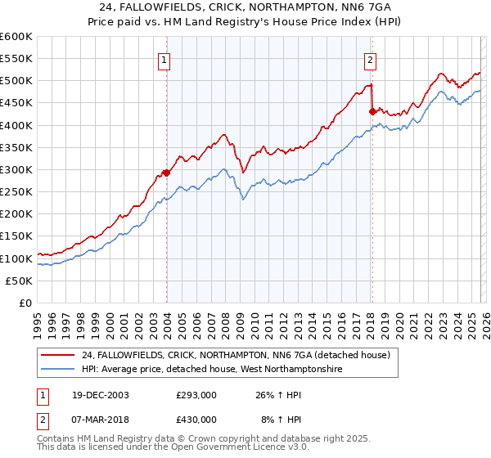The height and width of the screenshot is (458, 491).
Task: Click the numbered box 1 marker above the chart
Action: pos(164,59)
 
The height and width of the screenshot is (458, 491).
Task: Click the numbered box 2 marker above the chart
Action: pos(371,59)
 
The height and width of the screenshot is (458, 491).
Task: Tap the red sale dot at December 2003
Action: pos(167,173)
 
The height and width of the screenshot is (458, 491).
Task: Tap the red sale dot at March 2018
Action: pos(372,112)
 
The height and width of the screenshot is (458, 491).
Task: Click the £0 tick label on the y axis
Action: pos(25,303)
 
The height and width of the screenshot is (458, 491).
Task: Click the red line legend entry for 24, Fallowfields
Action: pos(240,356)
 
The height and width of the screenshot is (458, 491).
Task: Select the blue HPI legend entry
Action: pos(211,370)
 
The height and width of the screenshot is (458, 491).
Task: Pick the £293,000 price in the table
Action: pos(195,394)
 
